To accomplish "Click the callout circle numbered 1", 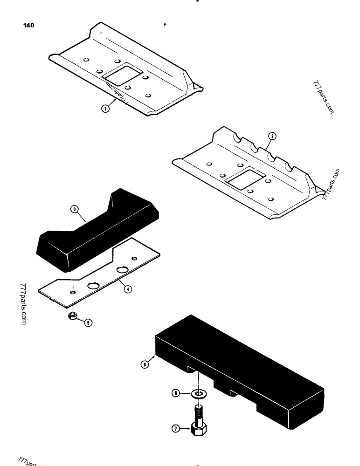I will [105, 109].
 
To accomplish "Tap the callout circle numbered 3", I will [74, 210].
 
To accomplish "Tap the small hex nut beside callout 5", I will [73, 316].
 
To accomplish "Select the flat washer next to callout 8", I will [199, 394].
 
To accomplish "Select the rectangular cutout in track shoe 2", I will [244, 178].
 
